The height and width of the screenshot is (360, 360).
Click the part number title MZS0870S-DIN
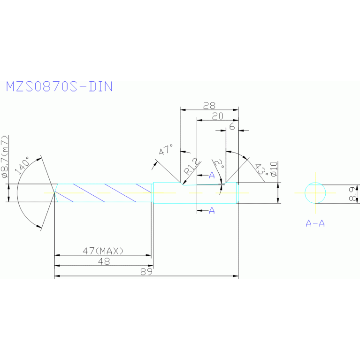tap(59, 86)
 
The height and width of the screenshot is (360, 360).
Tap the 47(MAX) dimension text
tap(103, 251)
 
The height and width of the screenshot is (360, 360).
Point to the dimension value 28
tap(209, 106)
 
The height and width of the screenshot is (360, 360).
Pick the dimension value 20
tap(217, 116)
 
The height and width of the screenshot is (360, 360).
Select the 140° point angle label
tap(23, 165)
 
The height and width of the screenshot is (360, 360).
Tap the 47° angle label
tap(165, 151)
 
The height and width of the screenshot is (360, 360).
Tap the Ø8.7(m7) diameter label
tap(5, 158)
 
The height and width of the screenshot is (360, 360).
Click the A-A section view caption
tap(315, 223)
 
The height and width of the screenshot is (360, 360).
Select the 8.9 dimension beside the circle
tap(353, 193)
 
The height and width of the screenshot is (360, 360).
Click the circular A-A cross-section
tap(315, 192)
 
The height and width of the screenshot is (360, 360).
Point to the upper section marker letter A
tap(212, 175)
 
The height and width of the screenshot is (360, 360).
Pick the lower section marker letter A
tap(212, 210)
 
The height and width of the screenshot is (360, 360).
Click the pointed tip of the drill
tap(54, 193)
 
